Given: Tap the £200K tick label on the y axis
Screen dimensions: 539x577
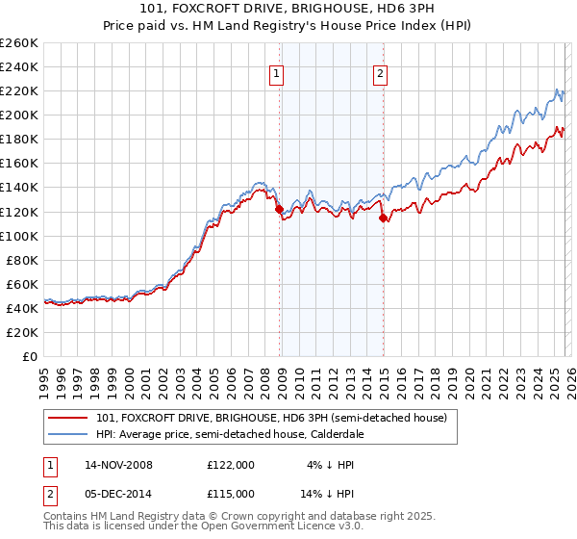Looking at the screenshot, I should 19,115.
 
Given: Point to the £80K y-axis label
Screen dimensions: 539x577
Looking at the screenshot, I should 22,260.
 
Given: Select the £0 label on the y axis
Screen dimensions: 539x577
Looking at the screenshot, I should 31,356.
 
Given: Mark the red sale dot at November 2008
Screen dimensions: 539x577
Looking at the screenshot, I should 279,209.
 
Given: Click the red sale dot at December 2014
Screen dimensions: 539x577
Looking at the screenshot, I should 384,218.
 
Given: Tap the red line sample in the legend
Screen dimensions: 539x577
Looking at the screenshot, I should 67,419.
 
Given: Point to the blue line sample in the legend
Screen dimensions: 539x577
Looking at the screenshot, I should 67,434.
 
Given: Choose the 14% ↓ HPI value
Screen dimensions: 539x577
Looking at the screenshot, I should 327,492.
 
